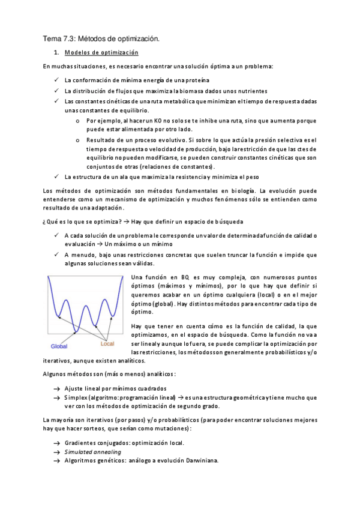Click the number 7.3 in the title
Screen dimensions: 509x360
[71, 39]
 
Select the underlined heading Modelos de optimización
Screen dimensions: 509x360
[101, 53]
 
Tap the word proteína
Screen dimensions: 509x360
[196, 80]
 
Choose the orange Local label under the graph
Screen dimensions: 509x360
[107, 345]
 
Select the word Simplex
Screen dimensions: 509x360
[76, 398]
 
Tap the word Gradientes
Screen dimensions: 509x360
[81, 443]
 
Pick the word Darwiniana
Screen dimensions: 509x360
[199, 461]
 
